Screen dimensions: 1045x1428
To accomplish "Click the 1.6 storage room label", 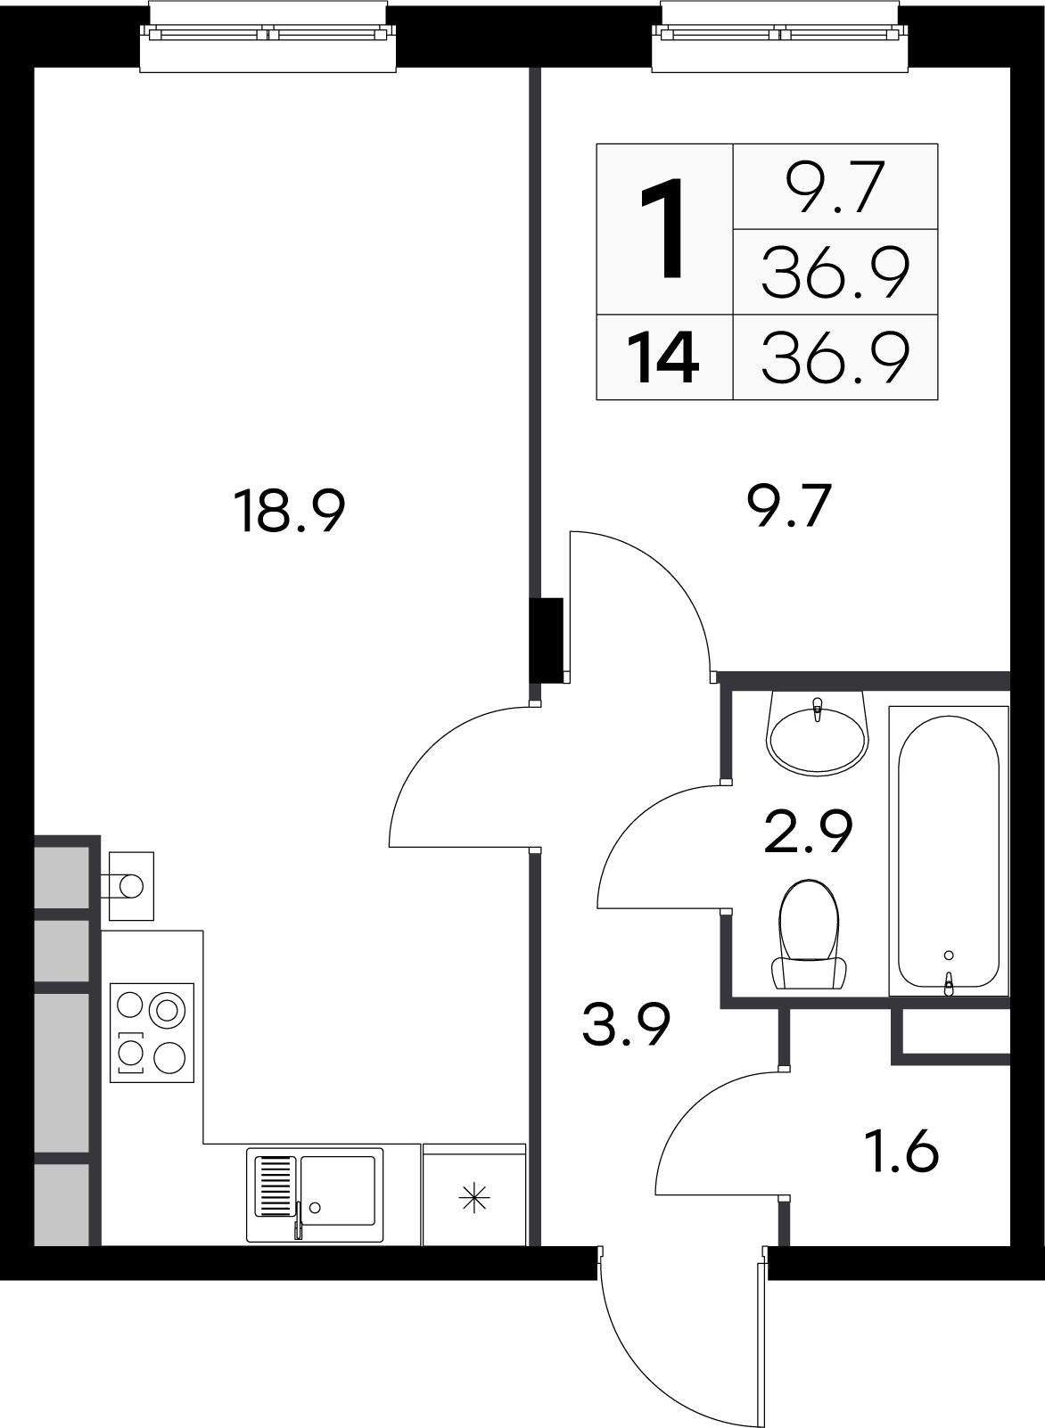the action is pos(904,1151).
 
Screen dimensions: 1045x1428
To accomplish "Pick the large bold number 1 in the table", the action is pos(662,228).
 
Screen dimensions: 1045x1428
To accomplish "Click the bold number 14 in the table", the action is pos(663,359).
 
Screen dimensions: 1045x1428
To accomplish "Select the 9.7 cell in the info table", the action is pos(835,187).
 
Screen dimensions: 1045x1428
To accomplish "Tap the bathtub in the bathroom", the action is pos(949,851).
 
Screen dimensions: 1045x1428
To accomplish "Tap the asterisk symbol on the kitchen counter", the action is pos(474,1199).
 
